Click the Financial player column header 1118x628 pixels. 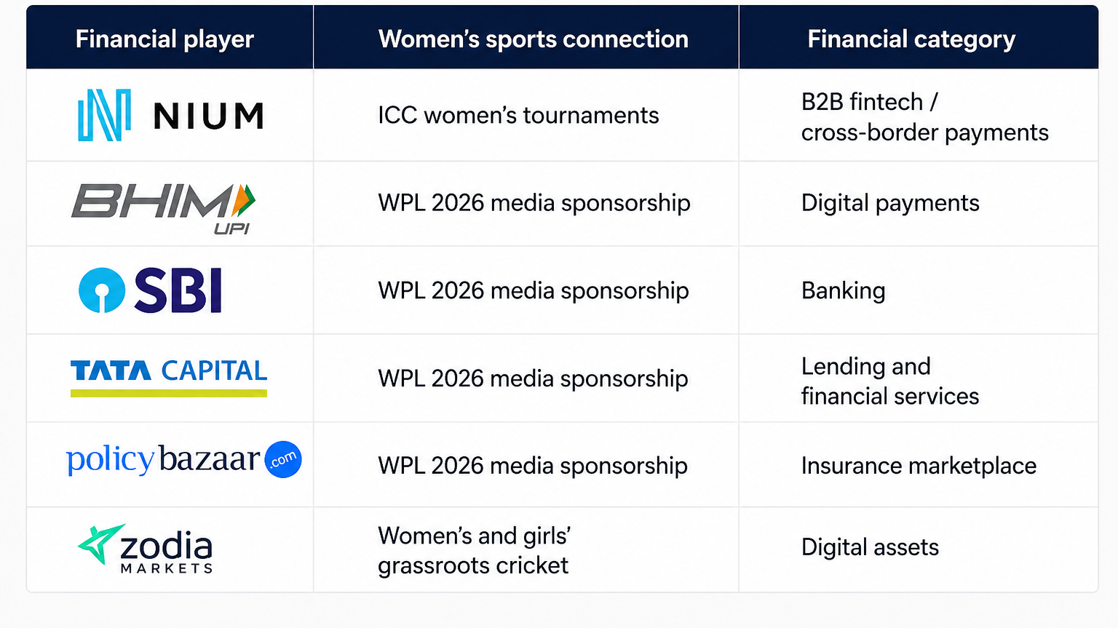pos(164,39)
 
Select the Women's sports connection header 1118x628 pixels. pos(533,39)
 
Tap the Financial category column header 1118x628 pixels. pos(911,39)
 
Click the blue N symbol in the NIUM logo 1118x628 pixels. pos(104,115)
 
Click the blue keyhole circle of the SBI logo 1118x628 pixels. pos(102,290)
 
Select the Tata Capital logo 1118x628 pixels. pos(169,378)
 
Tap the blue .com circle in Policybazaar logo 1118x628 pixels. pos(283,459)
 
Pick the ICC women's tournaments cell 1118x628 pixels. pos(518,115)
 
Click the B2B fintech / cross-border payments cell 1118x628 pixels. pos(924,117)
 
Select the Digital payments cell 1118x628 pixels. pos(890,204)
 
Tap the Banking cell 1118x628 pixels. pos(843,291)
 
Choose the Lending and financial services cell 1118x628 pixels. pos(890,381)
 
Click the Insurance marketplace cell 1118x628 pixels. pos(919,466)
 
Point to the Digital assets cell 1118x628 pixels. pos(870,547)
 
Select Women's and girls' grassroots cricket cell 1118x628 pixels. pos(474,551)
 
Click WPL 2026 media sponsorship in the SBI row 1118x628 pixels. pos(533,291)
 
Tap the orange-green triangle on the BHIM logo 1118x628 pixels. pos(244,200)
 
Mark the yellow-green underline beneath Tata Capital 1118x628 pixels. pos(169,394)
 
